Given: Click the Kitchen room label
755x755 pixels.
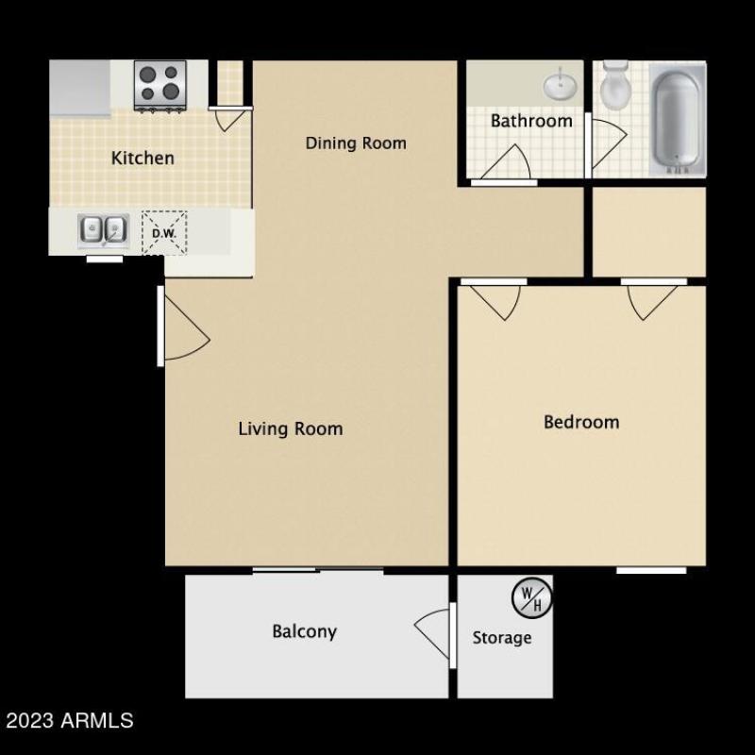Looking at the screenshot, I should [x=143, y=158].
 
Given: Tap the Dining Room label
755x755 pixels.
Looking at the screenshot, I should [x=356, y=143].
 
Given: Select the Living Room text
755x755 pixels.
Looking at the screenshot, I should [x=290, y=429].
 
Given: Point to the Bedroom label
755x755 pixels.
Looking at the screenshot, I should [x=581, y=422].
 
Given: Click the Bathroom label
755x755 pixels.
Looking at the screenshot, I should [x=530, y=121].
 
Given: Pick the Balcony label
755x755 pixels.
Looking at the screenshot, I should [x=304, y=631].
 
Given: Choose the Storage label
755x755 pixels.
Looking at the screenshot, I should [x=501, y=638].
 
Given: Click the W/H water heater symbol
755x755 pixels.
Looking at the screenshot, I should [x=531, y=596].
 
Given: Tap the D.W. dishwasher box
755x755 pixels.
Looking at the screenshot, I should [x=164, y=231].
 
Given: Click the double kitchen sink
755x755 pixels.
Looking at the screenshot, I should [x=103, y=228].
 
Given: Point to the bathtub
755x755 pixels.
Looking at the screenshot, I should [x=676, y=120].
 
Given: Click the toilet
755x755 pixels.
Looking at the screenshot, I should [x=614, y=86].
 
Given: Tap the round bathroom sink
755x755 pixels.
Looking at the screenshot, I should [x=562, y=86].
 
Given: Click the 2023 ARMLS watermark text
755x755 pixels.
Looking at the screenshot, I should [x=69, y=721].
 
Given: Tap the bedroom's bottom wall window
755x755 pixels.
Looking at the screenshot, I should [x=651, y=570].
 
